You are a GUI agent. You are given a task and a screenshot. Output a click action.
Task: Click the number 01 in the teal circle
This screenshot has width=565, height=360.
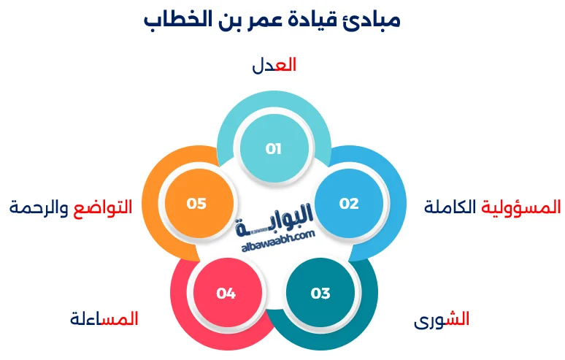274,150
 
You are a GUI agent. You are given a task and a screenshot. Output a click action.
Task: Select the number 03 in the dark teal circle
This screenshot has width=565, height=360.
320,294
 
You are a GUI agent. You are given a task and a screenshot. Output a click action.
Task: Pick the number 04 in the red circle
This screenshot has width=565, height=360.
226,294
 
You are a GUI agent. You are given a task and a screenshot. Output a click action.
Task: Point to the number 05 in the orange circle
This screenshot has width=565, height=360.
197,204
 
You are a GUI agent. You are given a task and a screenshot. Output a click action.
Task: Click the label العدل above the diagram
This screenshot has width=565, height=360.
274,65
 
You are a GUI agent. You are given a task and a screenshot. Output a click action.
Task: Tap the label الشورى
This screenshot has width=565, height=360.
442,320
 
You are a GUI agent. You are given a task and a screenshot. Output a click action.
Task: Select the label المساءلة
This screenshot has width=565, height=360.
104,319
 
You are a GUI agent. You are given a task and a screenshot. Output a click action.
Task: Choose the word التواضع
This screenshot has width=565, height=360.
104,207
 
